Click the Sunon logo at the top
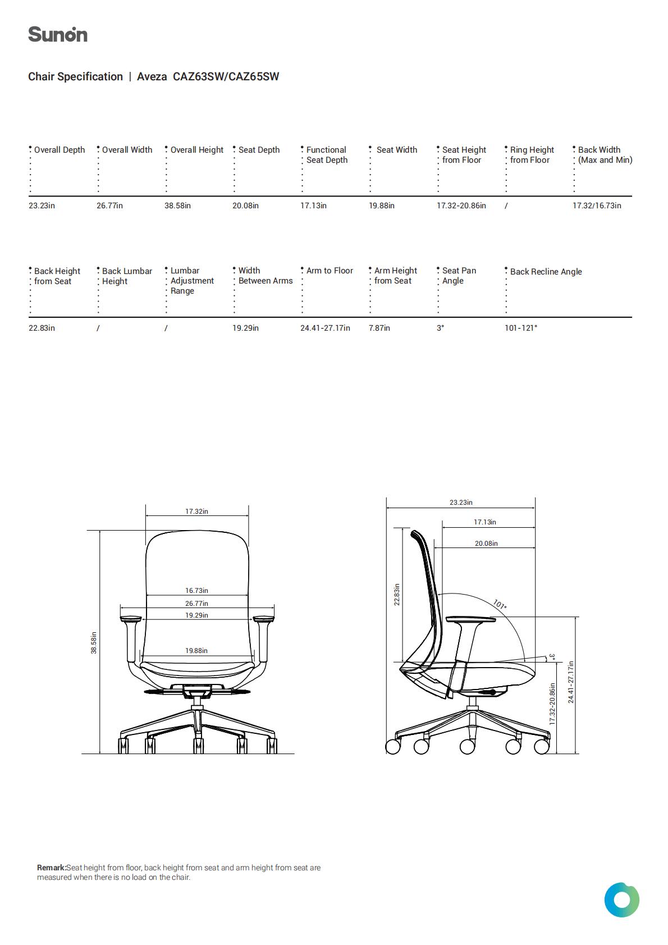[58, 34]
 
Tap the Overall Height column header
[196, 150]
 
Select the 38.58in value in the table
[177, 206]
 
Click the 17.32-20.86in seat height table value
[461, 206]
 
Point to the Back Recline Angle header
[546, 272]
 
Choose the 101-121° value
[521, 328]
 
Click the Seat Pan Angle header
[459, 276]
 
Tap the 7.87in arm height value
[379, 328]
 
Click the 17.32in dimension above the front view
[196, 512]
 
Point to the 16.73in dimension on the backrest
[196, 591]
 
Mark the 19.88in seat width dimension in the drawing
[196, 651]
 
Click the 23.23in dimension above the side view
[461, 503]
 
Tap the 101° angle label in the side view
[500, 605]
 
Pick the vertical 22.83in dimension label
[396, 595]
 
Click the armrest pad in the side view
[470, 620]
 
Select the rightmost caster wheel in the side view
[542, 746]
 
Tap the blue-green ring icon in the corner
[621, 900]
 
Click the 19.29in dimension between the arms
[196, 615]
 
